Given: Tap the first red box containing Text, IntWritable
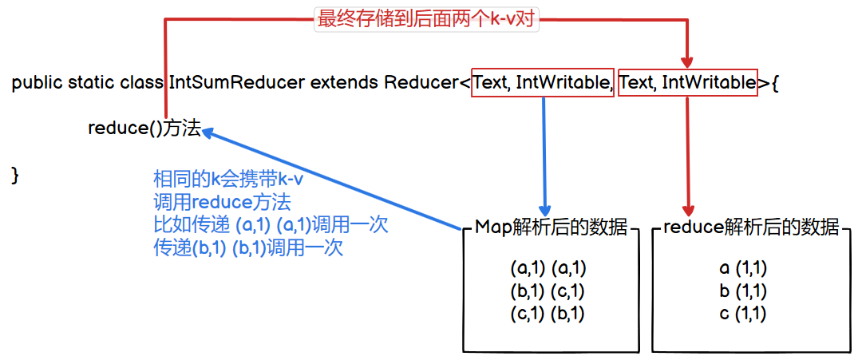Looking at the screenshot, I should click(543, 82).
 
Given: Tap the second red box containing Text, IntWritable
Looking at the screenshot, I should click(687, 82).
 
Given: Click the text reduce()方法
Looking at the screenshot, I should click(144, 129).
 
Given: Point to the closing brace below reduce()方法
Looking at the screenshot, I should click(15, 175).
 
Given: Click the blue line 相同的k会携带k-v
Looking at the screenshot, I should click(228, 180).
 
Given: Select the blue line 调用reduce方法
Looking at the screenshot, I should click(221, 202).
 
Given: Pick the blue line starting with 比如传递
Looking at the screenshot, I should click(270, 225).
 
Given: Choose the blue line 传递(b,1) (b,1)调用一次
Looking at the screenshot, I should click(247, 248).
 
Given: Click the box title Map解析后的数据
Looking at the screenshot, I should click(551, 227).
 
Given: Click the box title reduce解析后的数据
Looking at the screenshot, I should click(751, 227).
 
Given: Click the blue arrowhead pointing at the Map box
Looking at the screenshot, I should click(545, 207).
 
